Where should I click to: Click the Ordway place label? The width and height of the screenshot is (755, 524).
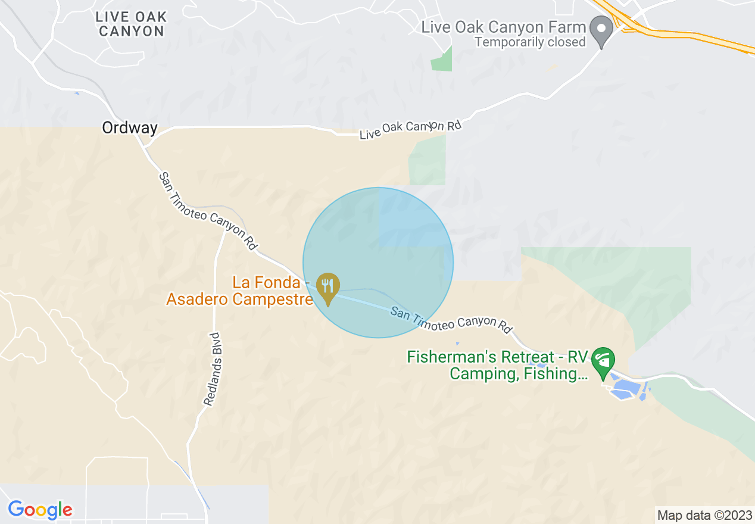(x=130, y=128)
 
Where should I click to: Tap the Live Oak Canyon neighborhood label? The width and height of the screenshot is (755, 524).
(x=131, y=24)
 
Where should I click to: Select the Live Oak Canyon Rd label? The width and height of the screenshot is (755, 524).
(x=410, y=129)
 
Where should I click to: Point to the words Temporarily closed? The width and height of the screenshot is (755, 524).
(x=530, y=42)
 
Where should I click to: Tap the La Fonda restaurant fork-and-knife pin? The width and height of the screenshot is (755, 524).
(x=327, y=288)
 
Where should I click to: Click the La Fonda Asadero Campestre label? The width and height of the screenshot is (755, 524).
(x=240, y=291)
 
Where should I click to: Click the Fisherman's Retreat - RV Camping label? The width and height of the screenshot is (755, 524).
(x=497, y=366)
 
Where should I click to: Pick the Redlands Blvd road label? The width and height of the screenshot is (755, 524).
(x=213, y=369)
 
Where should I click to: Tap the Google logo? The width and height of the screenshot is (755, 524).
(x=40, y=510)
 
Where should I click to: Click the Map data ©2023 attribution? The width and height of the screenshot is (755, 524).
(x=704, y=514)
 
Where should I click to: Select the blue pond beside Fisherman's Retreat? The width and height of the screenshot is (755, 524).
(x=625, y=390)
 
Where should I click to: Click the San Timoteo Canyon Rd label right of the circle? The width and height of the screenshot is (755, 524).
(x=451, y=319)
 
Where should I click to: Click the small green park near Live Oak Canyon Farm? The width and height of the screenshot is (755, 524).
(x=442, y=58)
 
